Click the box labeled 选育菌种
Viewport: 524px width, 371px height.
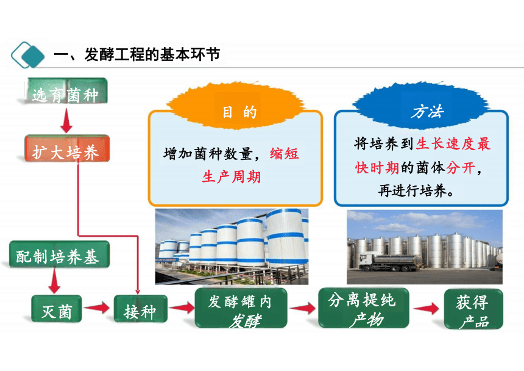[67, 91]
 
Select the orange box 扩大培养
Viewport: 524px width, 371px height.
[67, 149]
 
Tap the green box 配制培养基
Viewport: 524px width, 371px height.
[59, 254]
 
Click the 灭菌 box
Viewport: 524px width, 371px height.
[57, 309]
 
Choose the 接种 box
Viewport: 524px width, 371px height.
[140, 309]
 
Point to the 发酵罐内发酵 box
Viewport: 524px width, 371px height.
[241, 308]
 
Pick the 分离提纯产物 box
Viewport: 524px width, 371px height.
[364, 308]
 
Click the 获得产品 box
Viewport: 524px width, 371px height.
[473, 309]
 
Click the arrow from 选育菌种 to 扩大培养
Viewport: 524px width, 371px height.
[66, 120]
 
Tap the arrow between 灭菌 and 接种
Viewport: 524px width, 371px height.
[97, 308]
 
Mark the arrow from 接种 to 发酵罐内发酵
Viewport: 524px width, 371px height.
[182, 308]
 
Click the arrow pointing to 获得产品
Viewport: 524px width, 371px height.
[426, 308]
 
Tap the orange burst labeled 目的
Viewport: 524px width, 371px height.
[236, 106]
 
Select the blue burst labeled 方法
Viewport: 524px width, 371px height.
[420, 105]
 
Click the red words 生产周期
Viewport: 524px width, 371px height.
[232, 176]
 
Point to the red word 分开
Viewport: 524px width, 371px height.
[461, 168]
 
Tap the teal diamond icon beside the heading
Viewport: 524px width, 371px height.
[28, 55]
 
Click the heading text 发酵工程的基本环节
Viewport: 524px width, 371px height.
[152, 54]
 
